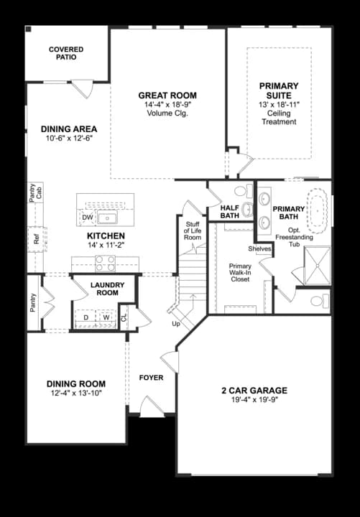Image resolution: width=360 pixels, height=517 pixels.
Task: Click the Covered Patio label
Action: (x=66, y=53)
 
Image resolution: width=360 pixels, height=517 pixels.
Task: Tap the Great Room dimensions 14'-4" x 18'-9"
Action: (x=167, y=105)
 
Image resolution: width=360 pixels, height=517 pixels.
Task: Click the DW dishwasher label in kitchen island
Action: (x=88, y=217)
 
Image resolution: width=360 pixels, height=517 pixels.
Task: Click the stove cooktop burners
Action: (x=106, y=264)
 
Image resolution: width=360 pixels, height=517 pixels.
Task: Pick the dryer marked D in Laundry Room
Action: (x=87, y=317)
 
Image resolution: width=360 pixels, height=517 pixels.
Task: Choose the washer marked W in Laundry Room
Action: (x=106, y=317)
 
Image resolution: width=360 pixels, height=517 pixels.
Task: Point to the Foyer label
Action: (x=151, y=377)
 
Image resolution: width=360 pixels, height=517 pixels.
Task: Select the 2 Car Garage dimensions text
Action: (x=254, y=399)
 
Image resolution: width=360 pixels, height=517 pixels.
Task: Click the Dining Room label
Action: (x=76, y=383)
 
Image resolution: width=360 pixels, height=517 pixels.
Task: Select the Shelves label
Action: (x=259, y=248)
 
